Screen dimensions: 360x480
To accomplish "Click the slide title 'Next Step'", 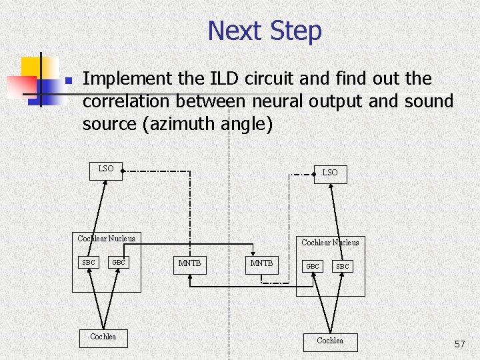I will pyautogui.click(x=265, y=31).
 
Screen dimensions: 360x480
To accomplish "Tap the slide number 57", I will pyautogui.click(x=459, y=344).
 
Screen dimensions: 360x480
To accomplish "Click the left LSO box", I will pyautogui.click(x=106, y=169).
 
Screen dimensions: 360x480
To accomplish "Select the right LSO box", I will pyautogui.click(x=329, y=173).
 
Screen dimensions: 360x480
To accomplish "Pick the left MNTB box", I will pyautogui.click(x=189, y=264).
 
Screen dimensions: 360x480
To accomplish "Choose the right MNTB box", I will pyautogui.click(x=261, y=264).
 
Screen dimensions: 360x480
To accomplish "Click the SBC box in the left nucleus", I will pyautogui.click(x=89, y=263).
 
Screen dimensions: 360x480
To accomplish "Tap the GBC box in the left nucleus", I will pyautogui.click(x=119, y=263).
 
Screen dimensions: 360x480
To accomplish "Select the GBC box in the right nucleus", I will pyautogui.click(x=313, y=267).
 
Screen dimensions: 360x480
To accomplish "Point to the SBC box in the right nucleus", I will pyautogui.click(x=342, y=267).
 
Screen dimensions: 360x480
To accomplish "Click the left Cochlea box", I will pyautogui.click(x=103, y=337).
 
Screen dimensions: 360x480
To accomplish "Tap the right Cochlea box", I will pyautogui.click(x=330, y=341).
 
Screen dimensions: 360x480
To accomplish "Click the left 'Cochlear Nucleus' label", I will pyautogui.click(x=106, y=239).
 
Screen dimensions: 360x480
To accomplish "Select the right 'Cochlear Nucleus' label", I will pyautogui.click(x=330, y=243).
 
